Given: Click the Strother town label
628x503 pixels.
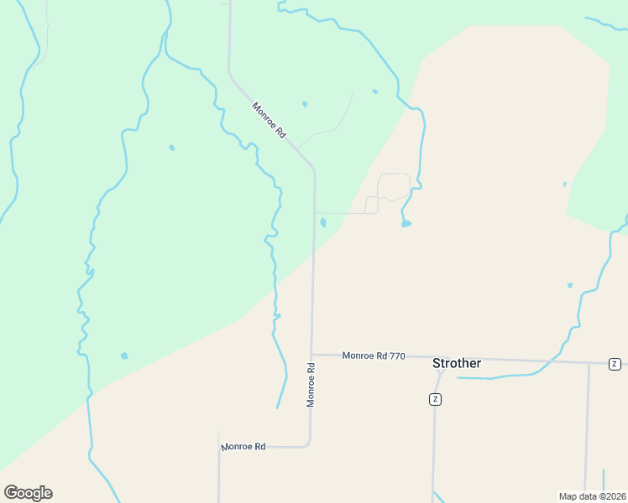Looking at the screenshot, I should (x=457, y=363).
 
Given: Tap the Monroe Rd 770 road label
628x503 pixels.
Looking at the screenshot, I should (x=374, y=356).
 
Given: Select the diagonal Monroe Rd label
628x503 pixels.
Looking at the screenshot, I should (x=270, y=120).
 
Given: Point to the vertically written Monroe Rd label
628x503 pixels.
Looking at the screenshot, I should (x=311, y=385).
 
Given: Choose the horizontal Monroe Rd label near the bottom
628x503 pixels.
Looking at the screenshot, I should (x=243, y=447).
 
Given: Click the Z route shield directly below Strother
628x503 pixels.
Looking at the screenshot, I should (x=435, y=399).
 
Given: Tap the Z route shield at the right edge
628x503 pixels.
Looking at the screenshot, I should (x=615, y=364).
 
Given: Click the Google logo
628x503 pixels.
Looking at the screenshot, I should (x=28, y=493).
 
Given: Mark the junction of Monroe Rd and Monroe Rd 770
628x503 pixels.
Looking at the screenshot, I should (x=311, y=354).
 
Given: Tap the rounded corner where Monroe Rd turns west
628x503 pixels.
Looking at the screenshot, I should (x=309, y=444).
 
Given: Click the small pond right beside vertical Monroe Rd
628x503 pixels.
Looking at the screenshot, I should (x=322, y=222).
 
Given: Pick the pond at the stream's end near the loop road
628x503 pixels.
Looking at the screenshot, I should (x=406, y=224).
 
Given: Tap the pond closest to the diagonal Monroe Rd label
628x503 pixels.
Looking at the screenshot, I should (x=304, y=104).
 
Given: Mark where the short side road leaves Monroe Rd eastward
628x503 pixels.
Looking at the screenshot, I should (x=315, y=213).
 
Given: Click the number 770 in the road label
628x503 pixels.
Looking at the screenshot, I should (x=397, y=356).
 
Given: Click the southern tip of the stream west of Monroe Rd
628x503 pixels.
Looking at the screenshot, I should (x=277, y=407).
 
